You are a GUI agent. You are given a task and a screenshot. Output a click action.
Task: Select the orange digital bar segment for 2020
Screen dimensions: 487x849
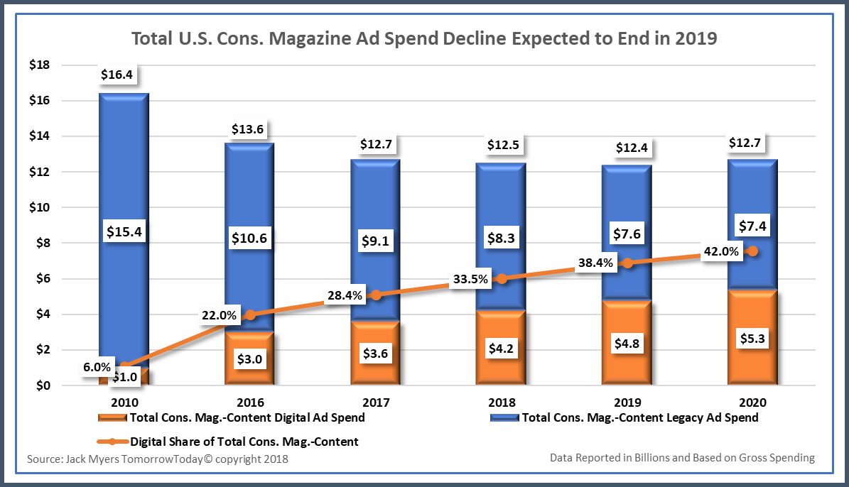pyautogui.click(x=751, y=339)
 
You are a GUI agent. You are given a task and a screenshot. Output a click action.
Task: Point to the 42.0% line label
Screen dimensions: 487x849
pyautogui.click(x=721, y=251)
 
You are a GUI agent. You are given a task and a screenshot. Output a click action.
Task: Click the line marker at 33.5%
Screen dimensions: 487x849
pyautogui.click(x=502, y=279)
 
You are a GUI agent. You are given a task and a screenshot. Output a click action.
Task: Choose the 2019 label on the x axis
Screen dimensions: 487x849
pyautogui.click(x=626, y=403)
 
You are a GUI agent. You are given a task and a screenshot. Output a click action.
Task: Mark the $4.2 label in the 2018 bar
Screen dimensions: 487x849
pyautogui.click(x=502, y=349)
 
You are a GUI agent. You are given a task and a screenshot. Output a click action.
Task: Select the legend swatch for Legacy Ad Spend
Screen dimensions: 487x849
pyautogui.click(x=503, y=417)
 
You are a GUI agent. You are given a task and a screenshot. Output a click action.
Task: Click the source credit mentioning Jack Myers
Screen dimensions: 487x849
pyautogui.click(x=158, y=459)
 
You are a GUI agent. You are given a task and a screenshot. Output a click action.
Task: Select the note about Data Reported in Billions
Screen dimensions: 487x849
pyautogui.click(x=682, y=458)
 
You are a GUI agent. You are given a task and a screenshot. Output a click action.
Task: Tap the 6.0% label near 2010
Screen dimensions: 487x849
pyautogui.click(x=97, y=367)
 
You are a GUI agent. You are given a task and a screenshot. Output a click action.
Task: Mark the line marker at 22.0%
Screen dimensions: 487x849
pyautogui.click(x=249, y=314)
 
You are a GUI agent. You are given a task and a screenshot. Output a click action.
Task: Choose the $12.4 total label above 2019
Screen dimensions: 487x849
pyautogui.click(x=627, y=148)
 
